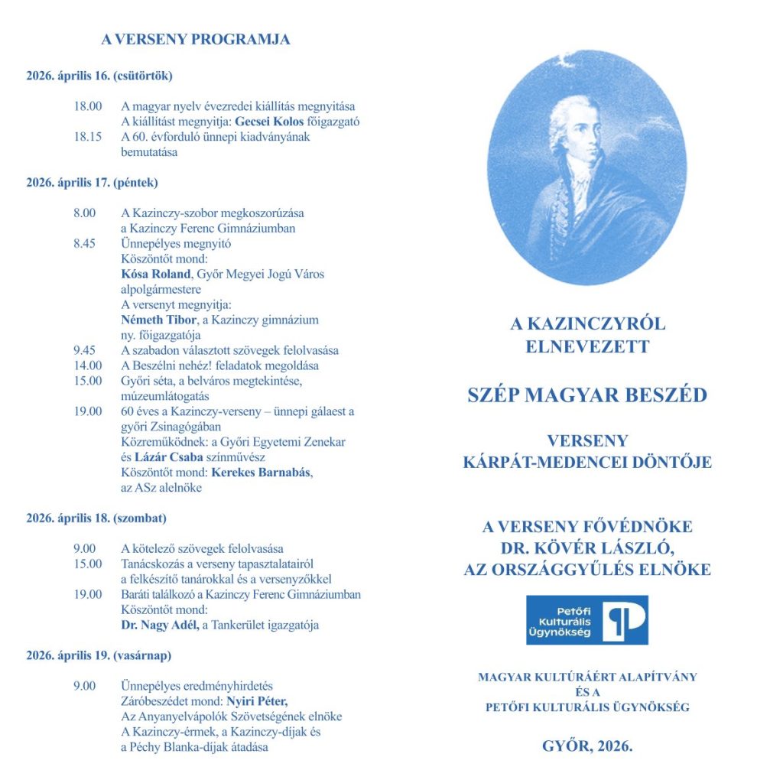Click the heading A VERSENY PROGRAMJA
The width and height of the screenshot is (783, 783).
pos(196,40)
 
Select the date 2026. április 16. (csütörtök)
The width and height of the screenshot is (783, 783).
pos(99,76)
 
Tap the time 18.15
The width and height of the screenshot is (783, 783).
pos(88,137)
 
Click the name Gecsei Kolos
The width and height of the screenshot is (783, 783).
pos(273,122)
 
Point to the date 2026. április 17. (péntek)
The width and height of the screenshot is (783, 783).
pos(92,183)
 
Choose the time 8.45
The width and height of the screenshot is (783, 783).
pos(85,244)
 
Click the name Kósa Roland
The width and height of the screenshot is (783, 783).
pos(155,275)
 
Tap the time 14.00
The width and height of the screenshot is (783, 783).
pos(88,366)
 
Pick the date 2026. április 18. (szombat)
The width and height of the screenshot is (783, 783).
pos(96,518)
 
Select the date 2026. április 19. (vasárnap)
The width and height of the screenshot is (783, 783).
pos(99,655)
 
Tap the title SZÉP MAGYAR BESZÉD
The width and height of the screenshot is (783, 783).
pos(587,395)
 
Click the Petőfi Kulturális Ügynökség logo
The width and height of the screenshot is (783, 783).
pos(587,620)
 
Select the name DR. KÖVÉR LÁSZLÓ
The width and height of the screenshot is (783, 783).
pos(587,547)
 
